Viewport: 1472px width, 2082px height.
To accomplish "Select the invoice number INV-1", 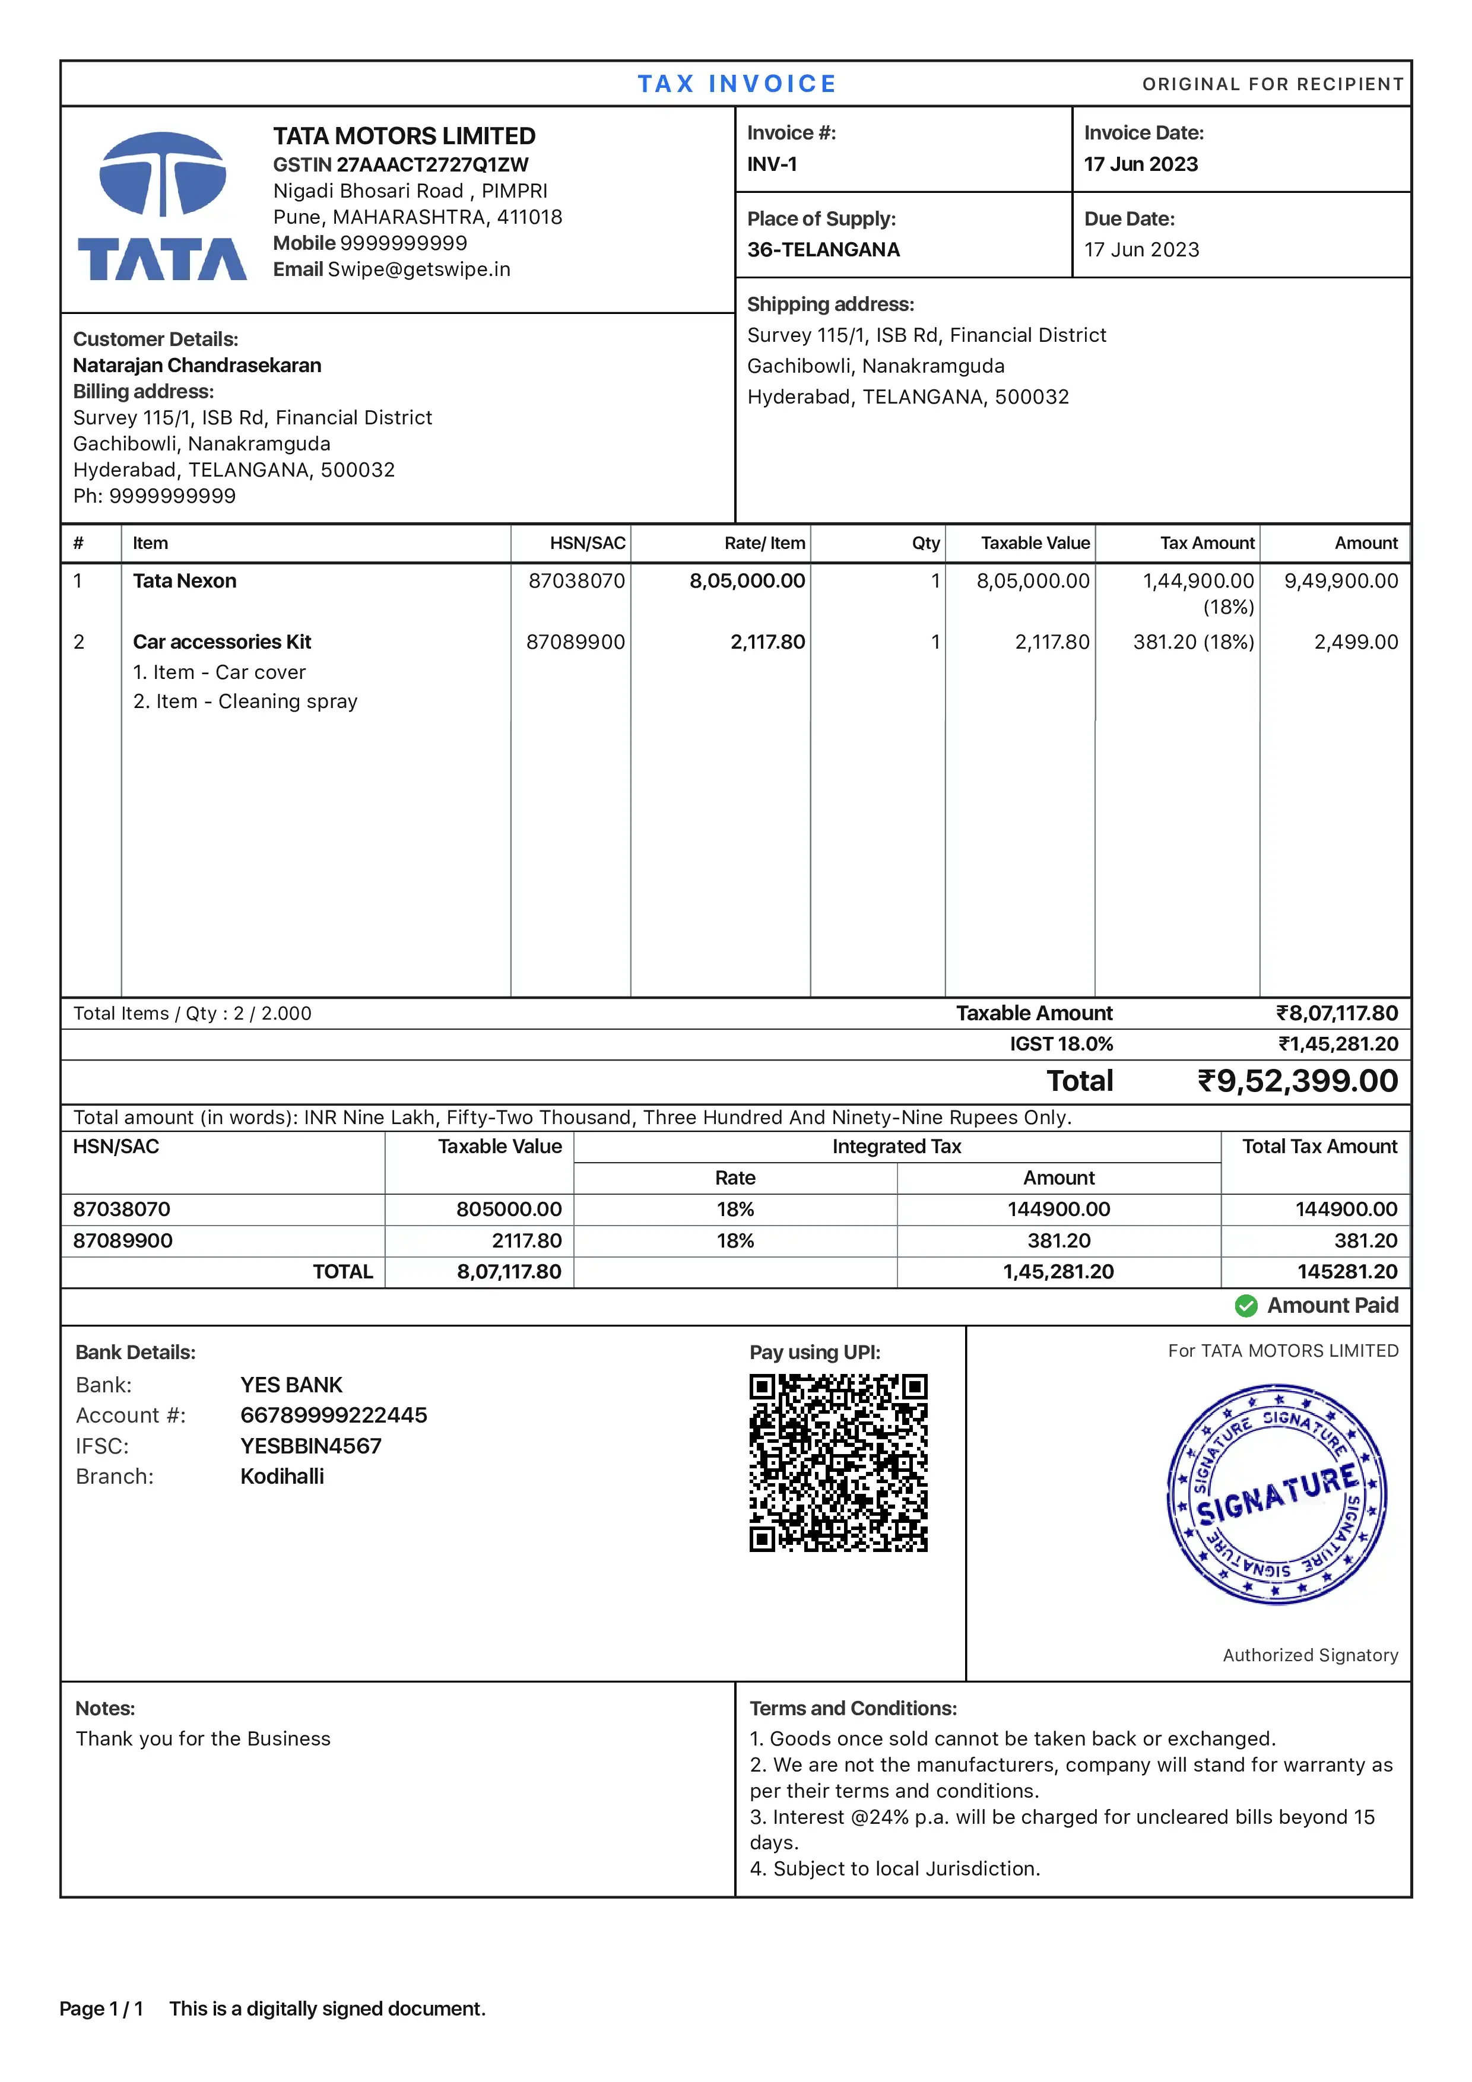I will (772, 164).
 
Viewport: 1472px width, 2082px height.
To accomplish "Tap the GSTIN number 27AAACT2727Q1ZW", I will (432, 164).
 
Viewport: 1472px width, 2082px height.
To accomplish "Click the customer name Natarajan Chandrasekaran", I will (197, 366).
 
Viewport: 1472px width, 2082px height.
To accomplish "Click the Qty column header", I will (925, 543).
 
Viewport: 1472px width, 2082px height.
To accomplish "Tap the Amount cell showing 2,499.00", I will (1355, 642).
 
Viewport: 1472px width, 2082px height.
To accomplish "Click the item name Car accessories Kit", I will (221, 642).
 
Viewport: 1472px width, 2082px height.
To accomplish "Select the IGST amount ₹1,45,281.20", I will (1338, 1044).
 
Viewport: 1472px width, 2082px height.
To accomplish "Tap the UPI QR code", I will (838, 1462).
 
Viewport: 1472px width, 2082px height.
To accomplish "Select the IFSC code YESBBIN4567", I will (310, 1446).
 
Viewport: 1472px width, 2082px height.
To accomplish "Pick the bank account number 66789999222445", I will (333, 1415).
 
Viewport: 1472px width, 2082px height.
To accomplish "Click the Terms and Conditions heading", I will (852, 1709).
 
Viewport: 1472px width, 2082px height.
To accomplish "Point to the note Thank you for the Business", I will (203, 1738).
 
